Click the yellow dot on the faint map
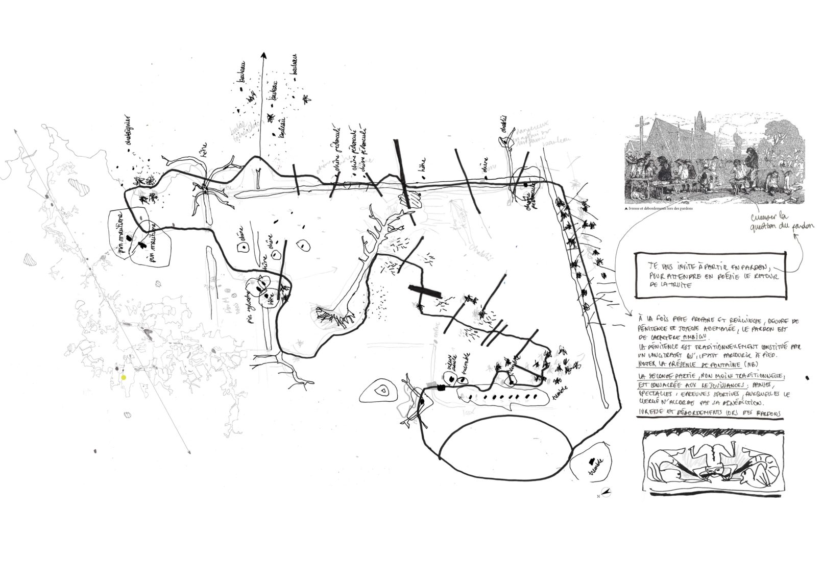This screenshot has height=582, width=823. [123, 377]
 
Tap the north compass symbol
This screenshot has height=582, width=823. [607, 493]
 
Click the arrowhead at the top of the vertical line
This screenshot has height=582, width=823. [263, 56]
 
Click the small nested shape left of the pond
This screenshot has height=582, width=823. [381, 391]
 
